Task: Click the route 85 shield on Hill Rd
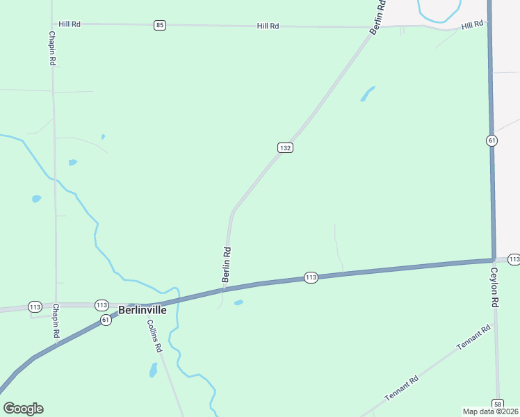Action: tap(161, 25)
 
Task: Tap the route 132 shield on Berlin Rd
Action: tap(285, 148)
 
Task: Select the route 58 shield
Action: tap(498, 403)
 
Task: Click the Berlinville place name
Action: tap(143, 311)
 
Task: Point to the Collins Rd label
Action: tap(154, 335)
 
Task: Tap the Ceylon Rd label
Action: tap(495, 288)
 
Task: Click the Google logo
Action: tap(23, 409)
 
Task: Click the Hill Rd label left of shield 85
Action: tap(70, 24)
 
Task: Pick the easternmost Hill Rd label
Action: tap(472, 25)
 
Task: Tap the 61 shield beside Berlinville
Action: tap(105, 320)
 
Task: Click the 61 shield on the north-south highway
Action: tap(492, 140)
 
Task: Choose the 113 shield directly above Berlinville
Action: tap(101, 305)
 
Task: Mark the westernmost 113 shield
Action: tap(35, 306)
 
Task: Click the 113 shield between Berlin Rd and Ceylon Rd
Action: tap(311, 277)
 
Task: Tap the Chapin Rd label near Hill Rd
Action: tap(52, 47)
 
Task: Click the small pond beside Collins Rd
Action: tap(154, 370)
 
